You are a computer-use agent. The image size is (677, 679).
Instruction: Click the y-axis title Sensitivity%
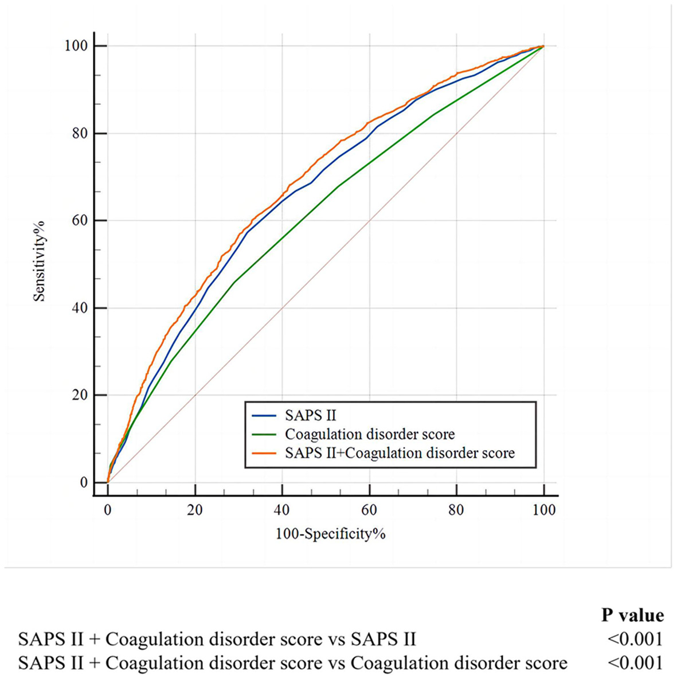39,261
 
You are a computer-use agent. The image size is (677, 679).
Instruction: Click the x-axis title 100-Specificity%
331,534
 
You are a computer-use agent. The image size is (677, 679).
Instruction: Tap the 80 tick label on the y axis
81,134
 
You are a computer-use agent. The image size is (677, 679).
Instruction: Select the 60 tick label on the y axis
81,221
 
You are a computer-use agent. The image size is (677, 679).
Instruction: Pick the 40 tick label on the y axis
81,308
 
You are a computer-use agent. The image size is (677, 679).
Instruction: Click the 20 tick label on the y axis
81,395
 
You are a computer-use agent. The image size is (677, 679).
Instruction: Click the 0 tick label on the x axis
108,510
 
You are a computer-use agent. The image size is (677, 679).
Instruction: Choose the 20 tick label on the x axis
195,510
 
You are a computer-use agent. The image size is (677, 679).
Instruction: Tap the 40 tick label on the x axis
282,510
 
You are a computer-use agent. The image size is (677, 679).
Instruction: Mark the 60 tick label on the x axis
369,510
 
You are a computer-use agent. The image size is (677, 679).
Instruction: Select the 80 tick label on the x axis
456,510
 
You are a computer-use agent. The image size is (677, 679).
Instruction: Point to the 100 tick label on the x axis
543,510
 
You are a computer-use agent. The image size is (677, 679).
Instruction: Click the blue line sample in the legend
265,415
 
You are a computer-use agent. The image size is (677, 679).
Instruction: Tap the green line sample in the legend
265,434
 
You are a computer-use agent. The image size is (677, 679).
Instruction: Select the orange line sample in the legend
265,453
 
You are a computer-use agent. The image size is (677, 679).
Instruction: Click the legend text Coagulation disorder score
370,434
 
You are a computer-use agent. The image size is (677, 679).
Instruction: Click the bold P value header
632,615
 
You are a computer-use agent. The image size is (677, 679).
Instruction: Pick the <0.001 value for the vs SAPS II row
635,639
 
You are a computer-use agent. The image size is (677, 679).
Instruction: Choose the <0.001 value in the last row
635,663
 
